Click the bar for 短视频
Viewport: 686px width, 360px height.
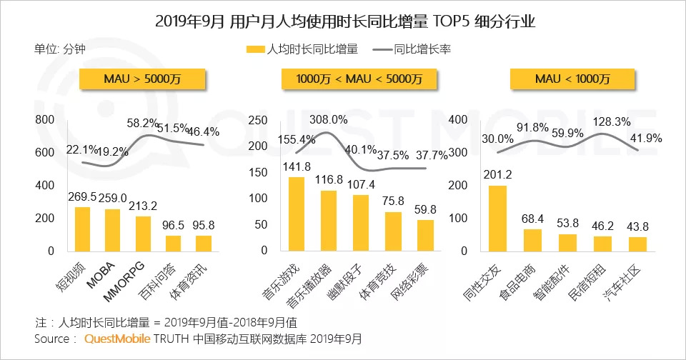[83, 229]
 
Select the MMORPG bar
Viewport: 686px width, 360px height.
[143, 233]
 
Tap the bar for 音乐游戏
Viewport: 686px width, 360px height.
[297, 214]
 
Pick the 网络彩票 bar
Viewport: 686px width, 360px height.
[424, 235]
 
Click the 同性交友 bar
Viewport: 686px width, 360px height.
[498, 218]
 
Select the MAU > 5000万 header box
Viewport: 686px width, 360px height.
[142, 79]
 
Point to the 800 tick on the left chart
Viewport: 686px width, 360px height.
[45, 120]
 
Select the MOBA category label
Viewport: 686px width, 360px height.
[100, 276]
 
